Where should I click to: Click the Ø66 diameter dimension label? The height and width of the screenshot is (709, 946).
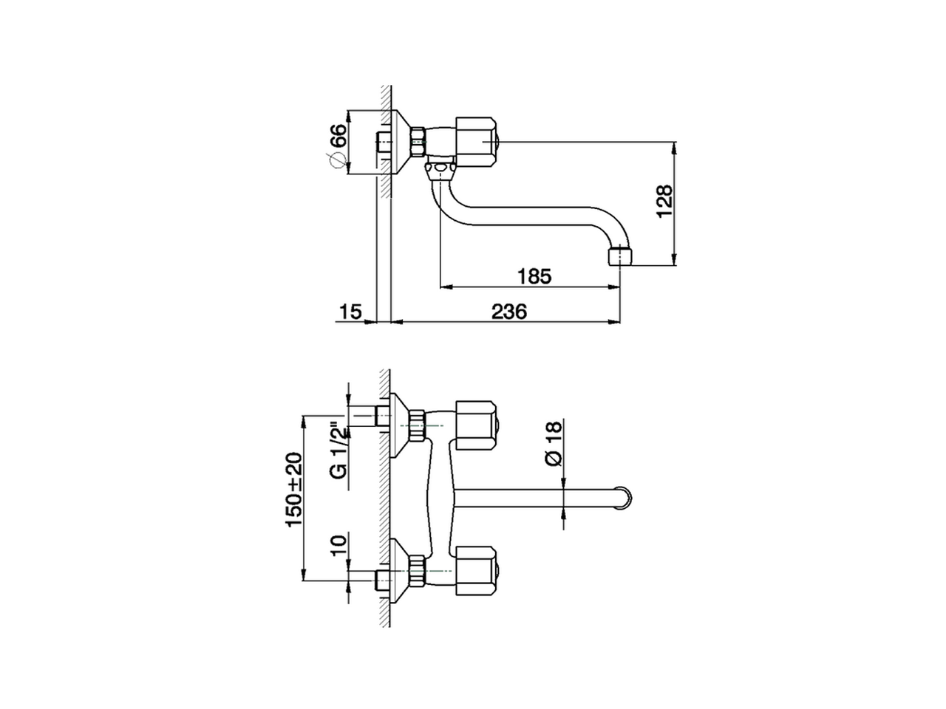(x=336, y=145)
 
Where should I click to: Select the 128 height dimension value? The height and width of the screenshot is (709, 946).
(x=664, y=200)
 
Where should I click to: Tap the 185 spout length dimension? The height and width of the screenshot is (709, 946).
(x=534, y=277)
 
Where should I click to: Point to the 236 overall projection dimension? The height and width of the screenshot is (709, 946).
(x=509, y=312)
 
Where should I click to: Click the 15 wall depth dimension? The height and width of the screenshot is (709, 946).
(x=350, y=312)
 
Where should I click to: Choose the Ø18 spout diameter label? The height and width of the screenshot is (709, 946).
(x=553, y=443)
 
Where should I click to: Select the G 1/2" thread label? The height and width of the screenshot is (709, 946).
(x=338, y=451)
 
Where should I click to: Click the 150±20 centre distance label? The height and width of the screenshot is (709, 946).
(x=295, y=490)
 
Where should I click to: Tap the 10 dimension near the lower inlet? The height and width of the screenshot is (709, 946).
(x=338, y=546)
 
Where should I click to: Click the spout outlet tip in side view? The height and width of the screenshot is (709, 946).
(x=620, y=257)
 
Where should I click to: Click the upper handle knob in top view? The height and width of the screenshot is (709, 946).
(x=476, y=425)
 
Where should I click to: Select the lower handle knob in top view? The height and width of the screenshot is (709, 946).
(x=476, y=570)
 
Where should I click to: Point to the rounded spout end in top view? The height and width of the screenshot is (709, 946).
(x=624, y=497)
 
